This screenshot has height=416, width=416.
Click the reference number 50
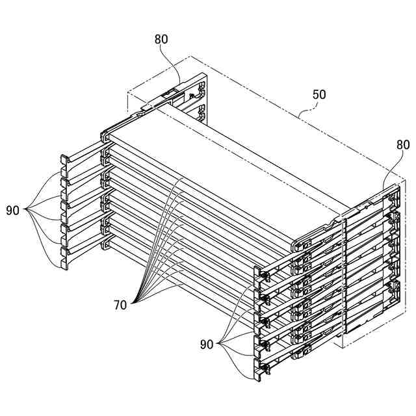point(319,95)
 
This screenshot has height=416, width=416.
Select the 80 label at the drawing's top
point(161,39)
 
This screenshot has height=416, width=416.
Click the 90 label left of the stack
point(14,210)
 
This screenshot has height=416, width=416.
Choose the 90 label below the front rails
point(209,343)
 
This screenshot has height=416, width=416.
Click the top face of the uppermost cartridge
point(214,162)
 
